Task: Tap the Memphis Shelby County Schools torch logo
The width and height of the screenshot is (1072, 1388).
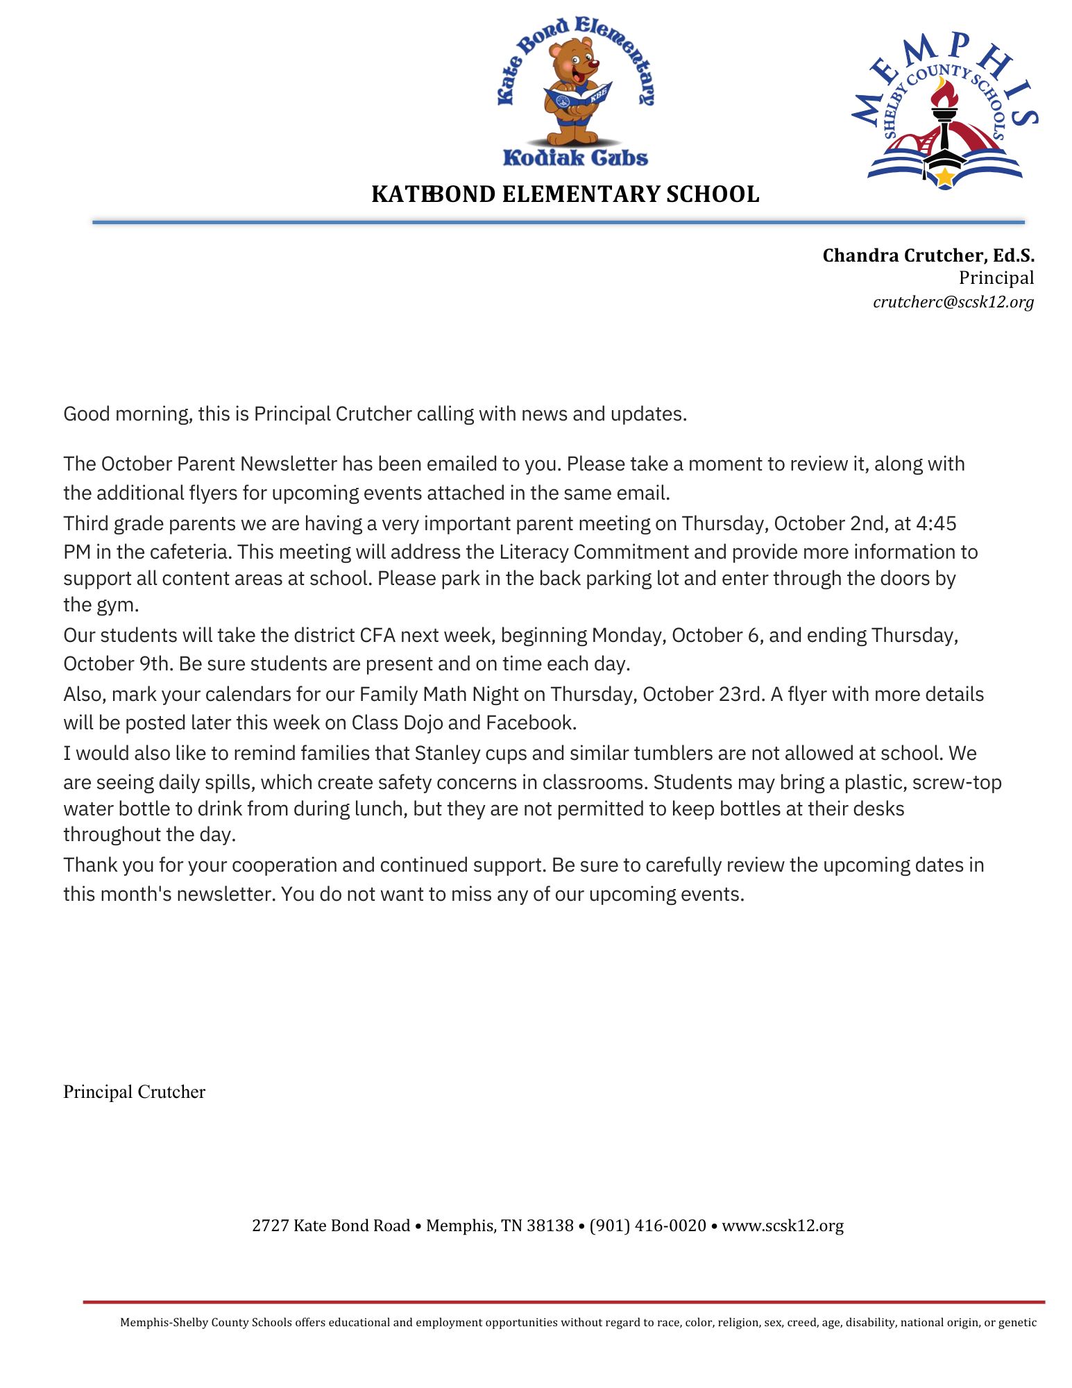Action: point(944,111)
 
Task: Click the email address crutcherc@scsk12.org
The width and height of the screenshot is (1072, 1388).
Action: point(953,302)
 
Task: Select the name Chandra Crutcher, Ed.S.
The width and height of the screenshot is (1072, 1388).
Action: point(928,255)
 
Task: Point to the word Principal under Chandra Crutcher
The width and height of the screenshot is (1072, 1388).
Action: point(996,278)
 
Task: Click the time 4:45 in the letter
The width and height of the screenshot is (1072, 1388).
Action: point(936,523)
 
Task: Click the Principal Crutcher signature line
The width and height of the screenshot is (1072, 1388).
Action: point(134,1092)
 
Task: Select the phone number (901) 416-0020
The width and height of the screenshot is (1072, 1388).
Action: point(647,1226)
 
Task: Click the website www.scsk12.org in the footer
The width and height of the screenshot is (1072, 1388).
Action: point(783,1226)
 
